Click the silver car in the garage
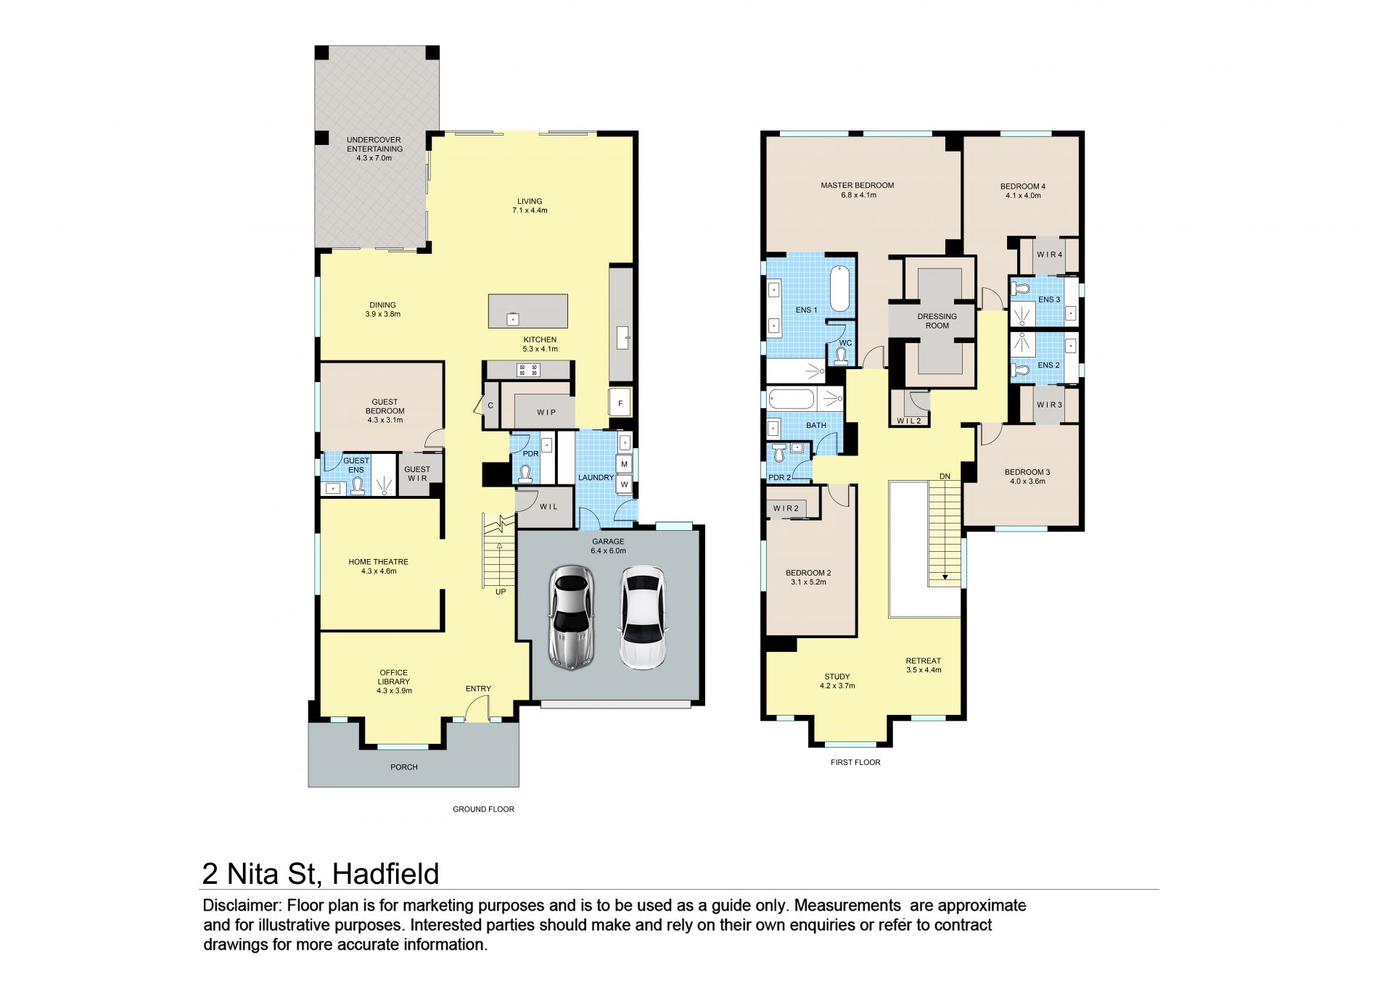(x=572, y=616)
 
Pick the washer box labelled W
(x=624, y=485)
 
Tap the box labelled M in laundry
(x=624, y=464)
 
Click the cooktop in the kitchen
(x=528, y=370)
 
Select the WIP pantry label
(x=546, y=412)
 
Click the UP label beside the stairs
(x=501, y=592)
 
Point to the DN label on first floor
(x=945, y=476)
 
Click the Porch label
(x=404, y=767)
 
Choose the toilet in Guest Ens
(x=358, y=487)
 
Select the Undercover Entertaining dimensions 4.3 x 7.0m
(x=374, y=158)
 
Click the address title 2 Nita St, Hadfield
(x=321, y=874)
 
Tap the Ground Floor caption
(x=483, y=809)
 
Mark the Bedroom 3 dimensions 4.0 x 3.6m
(x=1027, y=481)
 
